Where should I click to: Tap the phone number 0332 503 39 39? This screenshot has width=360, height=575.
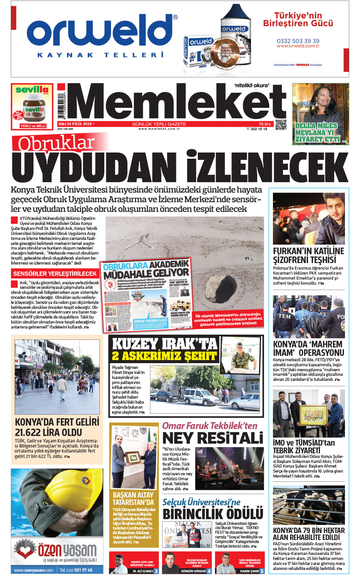[x=298, y=41]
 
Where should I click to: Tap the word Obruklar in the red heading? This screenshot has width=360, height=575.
[x=56, y=143]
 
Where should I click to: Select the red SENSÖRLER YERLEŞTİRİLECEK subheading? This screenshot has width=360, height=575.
[x=55, y=273]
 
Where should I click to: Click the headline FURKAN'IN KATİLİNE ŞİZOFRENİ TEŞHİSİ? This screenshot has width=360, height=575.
[x=308, y=255]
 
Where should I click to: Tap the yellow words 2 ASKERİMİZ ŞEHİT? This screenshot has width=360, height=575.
[x=164, y=356]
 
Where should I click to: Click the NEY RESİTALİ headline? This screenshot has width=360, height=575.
[x=213, y=438]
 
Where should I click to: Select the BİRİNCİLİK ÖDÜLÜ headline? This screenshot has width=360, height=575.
[x=213, y=514]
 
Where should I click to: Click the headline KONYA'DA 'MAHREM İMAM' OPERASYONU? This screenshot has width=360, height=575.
[x=308, y=348]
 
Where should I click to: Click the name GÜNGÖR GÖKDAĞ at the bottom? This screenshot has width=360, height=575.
[x=193, y=571]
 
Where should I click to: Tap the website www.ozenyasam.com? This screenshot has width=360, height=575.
[x=33, y=570]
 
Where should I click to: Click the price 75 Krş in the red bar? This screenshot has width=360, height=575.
[x=265, y=124]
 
